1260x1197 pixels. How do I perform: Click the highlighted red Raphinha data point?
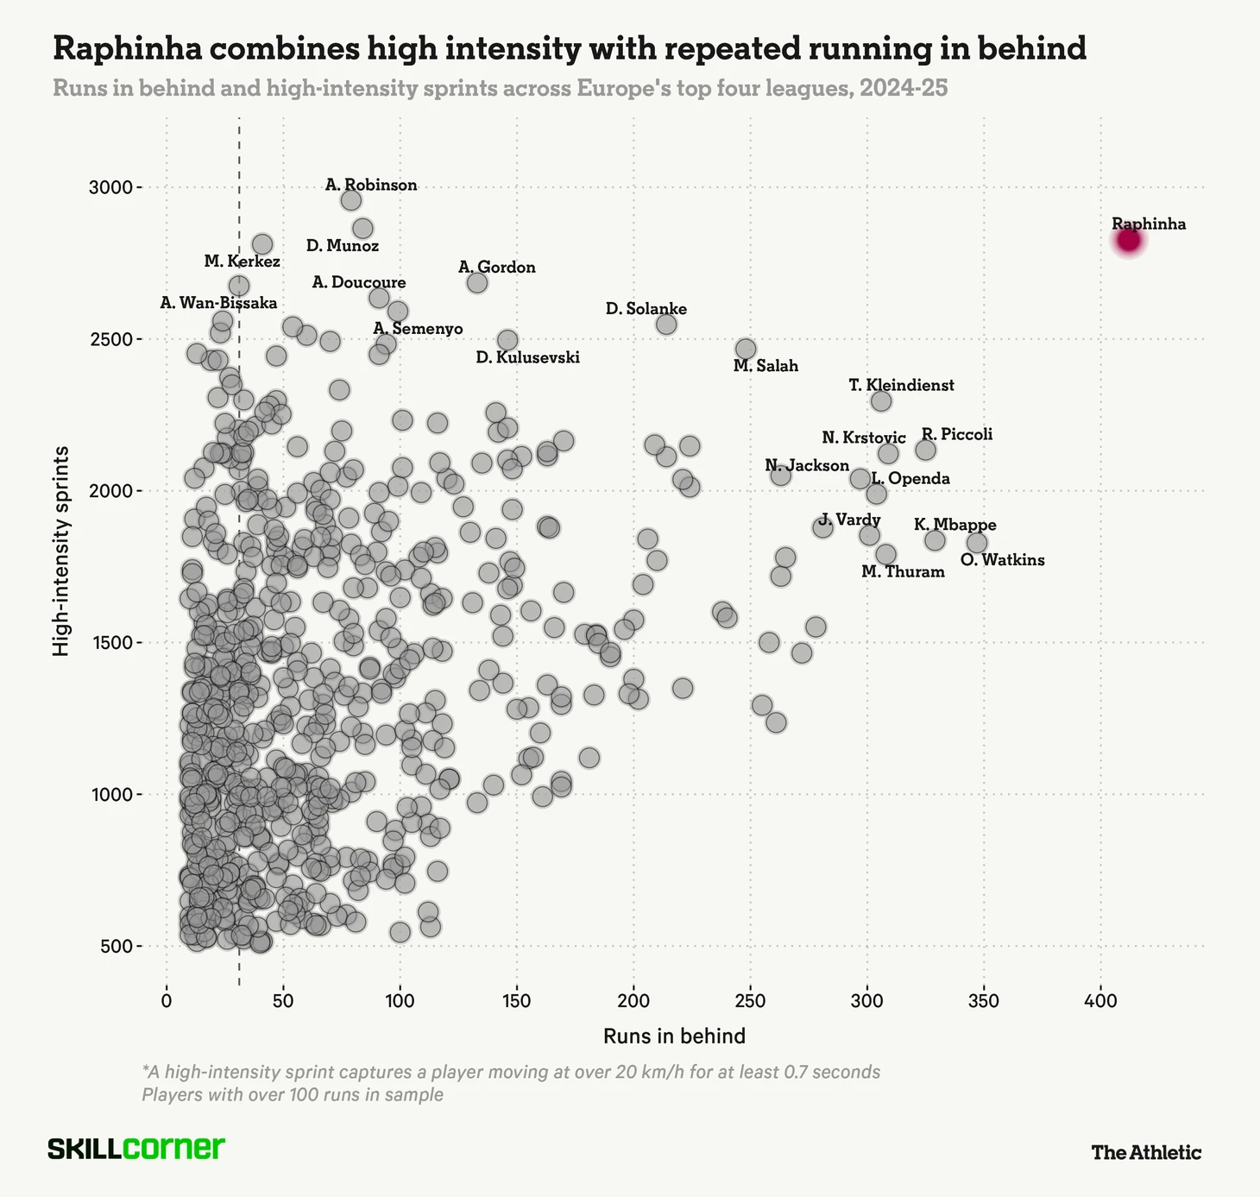(x=1129, y=240)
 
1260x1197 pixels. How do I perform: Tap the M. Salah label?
(x=765, y=366)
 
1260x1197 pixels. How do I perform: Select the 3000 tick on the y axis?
(x=112, y=187)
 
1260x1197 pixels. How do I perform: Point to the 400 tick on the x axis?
(x=1100, y=1001)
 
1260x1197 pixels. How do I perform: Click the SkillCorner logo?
(x=135, y=1149)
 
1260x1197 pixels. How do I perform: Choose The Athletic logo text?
(x=1145, y=1152)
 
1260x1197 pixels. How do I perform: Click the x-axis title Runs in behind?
(x=674, y=1036)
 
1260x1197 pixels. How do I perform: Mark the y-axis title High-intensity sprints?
(x=61, y=551)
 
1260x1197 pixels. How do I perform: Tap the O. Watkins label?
(x=1002, y=560)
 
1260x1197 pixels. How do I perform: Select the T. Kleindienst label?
(x=901, y=385)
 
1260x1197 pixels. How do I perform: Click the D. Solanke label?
(x=646, y=309)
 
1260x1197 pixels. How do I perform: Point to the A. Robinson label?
(x=371, y=185)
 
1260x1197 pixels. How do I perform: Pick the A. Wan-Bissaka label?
(x=218, y=303)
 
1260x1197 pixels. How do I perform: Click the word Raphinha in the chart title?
(x=127, y=48)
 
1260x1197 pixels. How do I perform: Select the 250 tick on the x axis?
(x=750, y=1001)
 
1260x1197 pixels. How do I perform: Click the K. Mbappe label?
(x=954, y=525)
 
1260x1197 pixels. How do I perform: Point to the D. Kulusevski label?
(x=527, y=357)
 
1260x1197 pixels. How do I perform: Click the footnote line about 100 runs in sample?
(x=293, y=1094)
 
